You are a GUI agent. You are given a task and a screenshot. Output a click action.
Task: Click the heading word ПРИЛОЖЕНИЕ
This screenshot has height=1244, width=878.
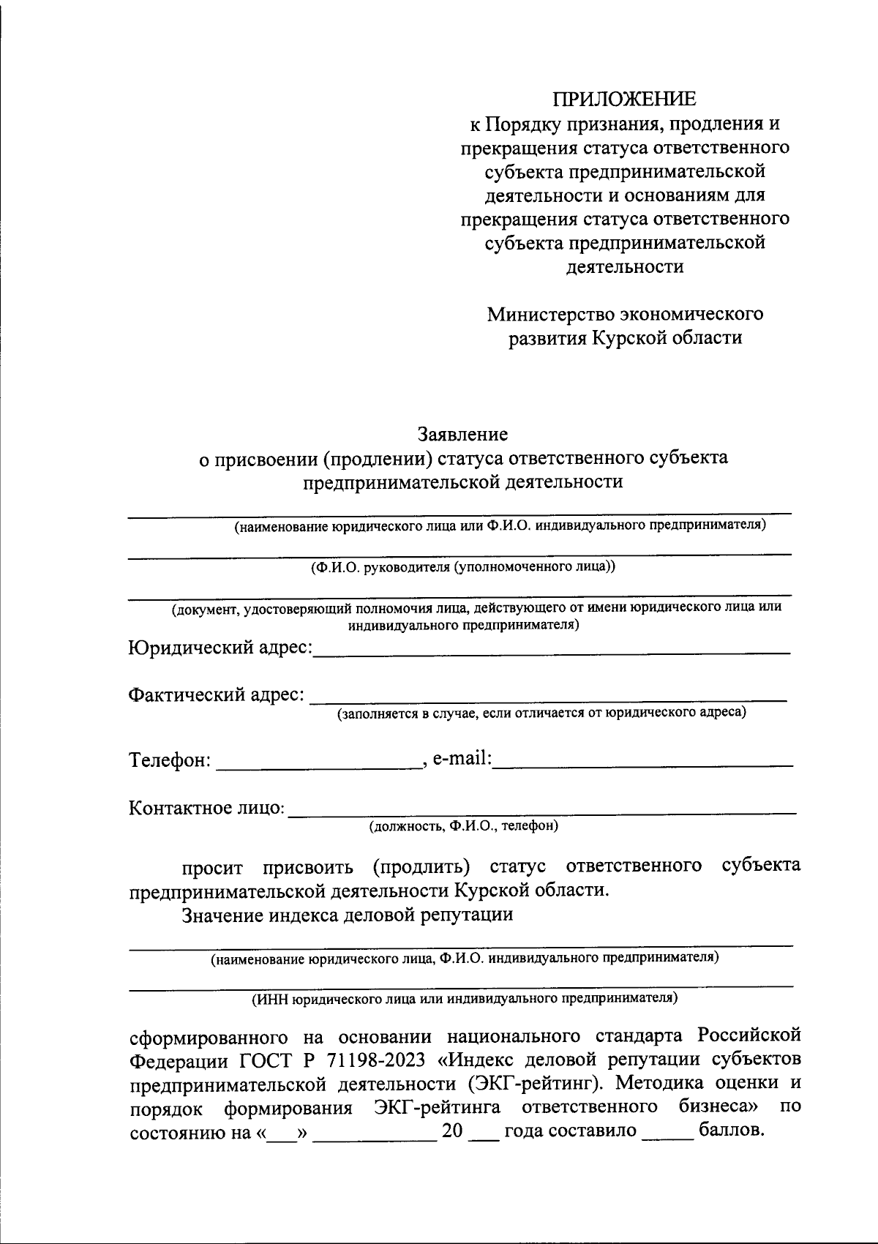[x=625, y=99]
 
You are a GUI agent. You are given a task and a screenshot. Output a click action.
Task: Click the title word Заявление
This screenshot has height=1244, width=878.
[x=462, y=435]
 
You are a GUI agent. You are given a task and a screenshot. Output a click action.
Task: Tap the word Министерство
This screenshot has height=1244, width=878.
[x=551, y=314]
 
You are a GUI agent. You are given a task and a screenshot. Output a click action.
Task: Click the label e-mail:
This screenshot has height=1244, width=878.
[x=461, y=759]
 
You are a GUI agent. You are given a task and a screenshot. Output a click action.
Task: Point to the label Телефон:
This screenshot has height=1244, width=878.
[x=170, y=760]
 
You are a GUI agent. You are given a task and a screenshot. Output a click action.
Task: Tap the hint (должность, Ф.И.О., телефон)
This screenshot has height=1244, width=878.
[x=463, y=827]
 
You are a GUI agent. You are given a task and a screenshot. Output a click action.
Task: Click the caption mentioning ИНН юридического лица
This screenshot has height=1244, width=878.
[x=465, y=998]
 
